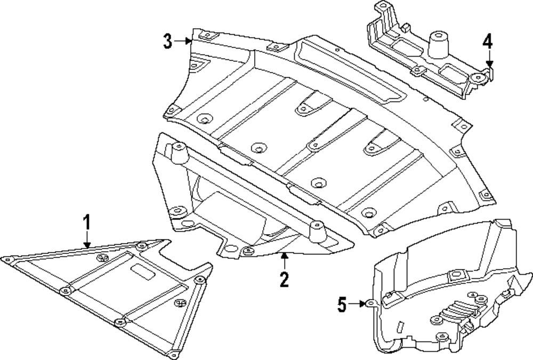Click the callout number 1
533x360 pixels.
click(x=86, y=221)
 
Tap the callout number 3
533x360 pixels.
click(x=168, y=41)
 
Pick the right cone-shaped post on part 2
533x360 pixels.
click(x=319, y=233)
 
